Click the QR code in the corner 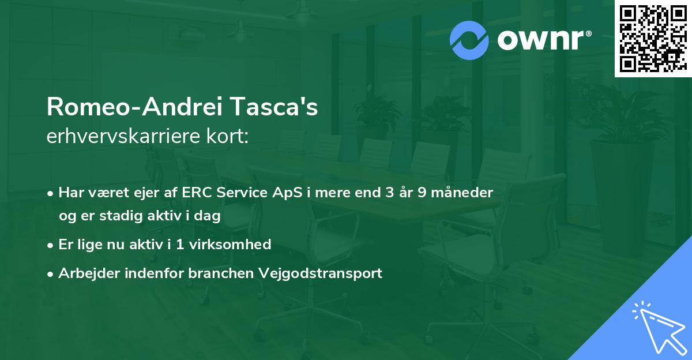click(653, 39)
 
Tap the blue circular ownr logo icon click(469, 40)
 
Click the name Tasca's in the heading click(274, 107)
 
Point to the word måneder click(462, 192)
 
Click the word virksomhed click(230, 244)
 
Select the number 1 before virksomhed click(179, 245)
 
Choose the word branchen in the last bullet click(221, 273)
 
